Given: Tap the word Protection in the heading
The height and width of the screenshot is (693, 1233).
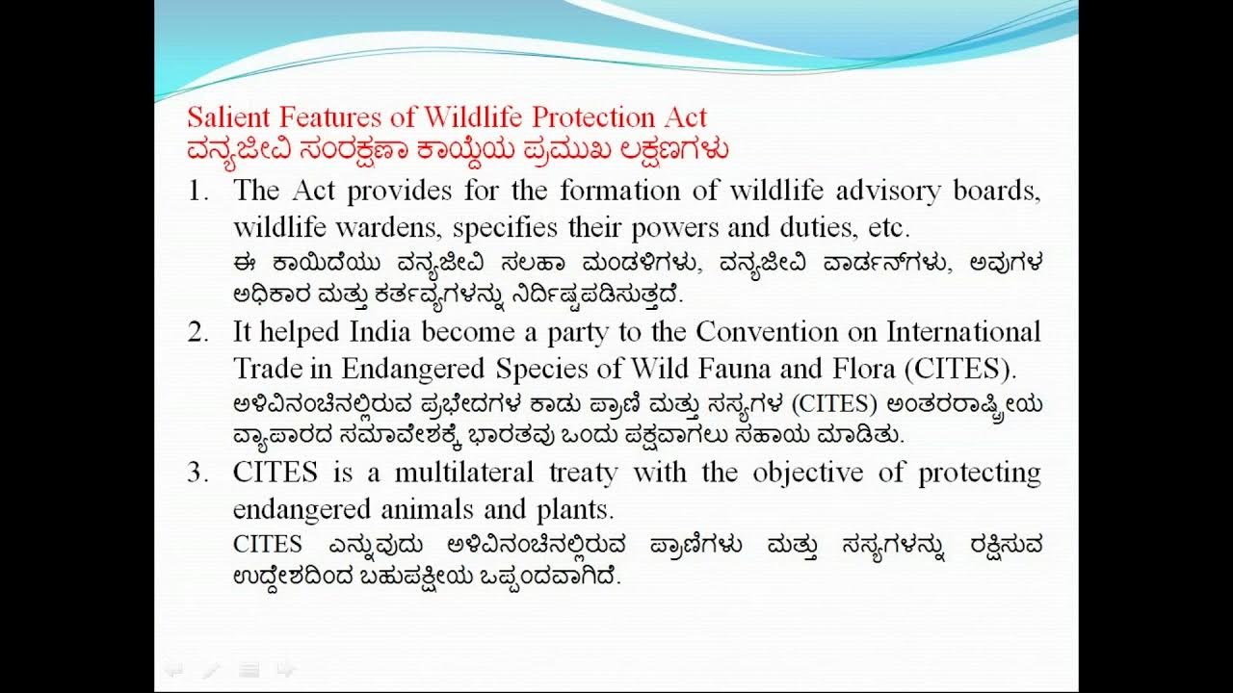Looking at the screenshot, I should tap(593, 117).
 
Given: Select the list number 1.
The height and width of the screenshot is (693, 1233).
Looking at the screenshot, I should tap(197, 191).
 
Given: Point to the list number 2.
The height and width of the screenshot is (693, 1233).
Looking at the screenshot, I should tap(197, 332).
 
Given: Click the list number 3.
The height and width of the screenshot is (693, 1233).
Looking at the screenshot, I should tap(197, 474).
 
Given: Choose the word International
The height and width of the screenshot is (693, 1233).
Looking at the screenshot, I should tap(963, 332).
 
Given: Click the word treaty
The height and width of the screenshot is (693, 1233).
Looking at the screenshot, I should tap(583, 474).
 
